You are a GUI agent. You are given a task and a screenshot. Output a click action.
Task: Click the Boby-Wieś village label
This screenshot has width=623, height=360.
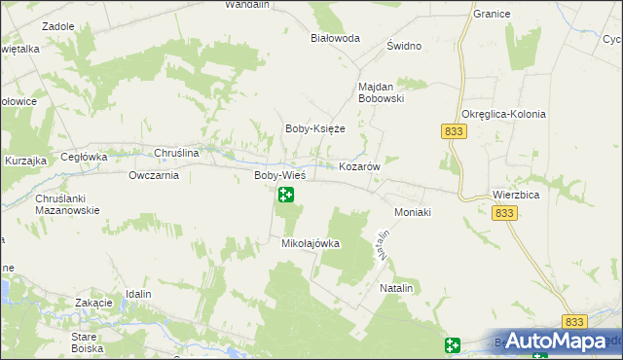pos(279,175)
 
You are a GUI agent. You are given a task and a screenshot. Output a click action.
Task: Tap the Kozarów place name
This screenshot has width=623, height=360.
pos(358,166)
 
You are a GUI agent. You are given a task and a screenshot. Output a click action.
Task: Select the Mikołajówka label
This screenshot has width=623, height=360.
pos(311,243)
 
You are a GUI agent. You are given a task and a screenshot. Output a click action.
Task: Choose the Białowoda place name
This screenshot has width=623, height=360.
pos(335,38)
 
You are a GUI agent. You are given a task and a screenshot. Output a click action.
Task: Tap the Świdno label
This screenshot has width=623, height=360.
pos(403,47)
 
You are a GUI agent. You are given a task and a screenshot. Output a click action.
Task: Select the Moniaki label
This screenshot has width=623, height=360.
pos(412,211)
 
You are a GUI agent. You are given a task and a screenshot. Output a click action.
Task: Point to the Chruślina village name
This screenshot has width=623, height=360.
pos(178,153)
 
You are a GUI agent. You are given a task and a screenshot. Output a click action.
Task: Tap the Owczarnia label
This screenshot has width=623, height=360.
pos(154,176)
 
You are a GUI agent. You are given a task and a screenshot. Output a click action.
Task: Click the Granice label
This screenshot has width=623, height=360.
pos(492,15)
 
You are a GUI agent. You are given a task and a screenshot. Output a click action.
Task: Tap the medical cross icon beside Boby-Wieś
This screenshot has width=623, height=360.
pos(286,195)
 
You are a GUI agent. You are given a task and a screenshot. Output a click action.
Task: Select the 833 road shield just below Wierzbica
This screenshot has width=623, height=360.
pos(503,213)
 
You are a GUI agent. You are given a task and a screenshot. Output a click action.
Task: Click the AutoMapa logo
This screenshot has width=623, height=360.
pos(554,341)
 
